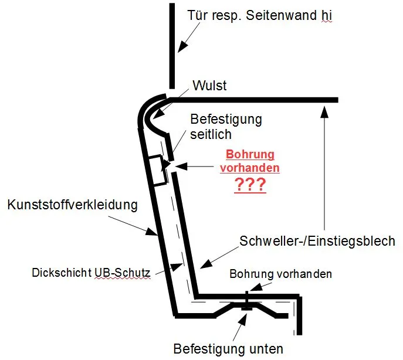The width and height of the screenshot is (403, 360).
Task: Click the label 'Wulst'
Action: (x=209, y=86)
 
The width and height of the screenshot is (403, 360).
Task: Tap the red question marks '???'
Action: (x=250, y=185)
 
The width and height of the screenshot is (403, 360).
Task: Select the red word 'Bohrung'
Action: (x=250, y=154)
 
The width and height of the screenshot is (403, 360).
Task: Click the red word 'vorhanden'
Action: (x=249, y=168)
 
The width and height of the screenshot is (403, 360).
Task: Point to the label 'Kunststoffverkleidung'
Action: (x=73, y=205)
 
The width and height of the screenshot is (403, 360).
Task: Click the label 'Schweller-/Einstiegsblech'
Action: (x=317, y=241)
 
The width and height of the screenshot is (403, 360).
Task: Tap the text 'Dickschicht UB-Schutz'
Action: (x=91, y=273)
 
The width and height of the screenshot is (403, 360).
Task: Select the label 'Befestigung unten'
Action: (x=228, y=349)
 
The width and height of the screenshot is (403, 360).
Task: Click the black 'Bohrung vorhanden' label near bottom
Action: (x=280, y=274)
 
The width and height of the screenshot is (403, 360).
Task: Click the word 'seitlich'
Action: (x=211, y=134)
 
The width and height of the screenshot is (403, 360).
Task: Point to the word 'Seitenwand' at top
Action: (x=282, y=15)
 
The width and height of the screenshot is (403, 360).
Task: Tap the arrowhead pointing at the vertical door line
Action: (x=183, y=46)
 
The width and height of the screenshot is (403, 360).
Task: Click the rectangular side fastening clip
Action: (x=158, y=170)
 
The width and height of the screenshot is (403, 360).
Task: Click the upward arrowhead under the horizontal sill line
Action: (x=325, y=111)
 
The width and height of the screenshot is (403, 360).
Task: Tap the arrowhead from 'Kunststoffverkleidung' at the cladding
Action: (x=152, y=232)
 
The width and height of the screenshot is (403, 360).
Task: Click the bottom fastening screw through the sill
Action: (x=247, y=301)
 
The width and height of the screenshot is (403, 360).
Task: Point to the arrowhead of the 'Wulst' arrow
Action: (x=158, y=115)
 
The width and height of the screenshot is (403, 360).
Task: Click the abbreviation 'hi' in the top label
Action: (x=326, y=15)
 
